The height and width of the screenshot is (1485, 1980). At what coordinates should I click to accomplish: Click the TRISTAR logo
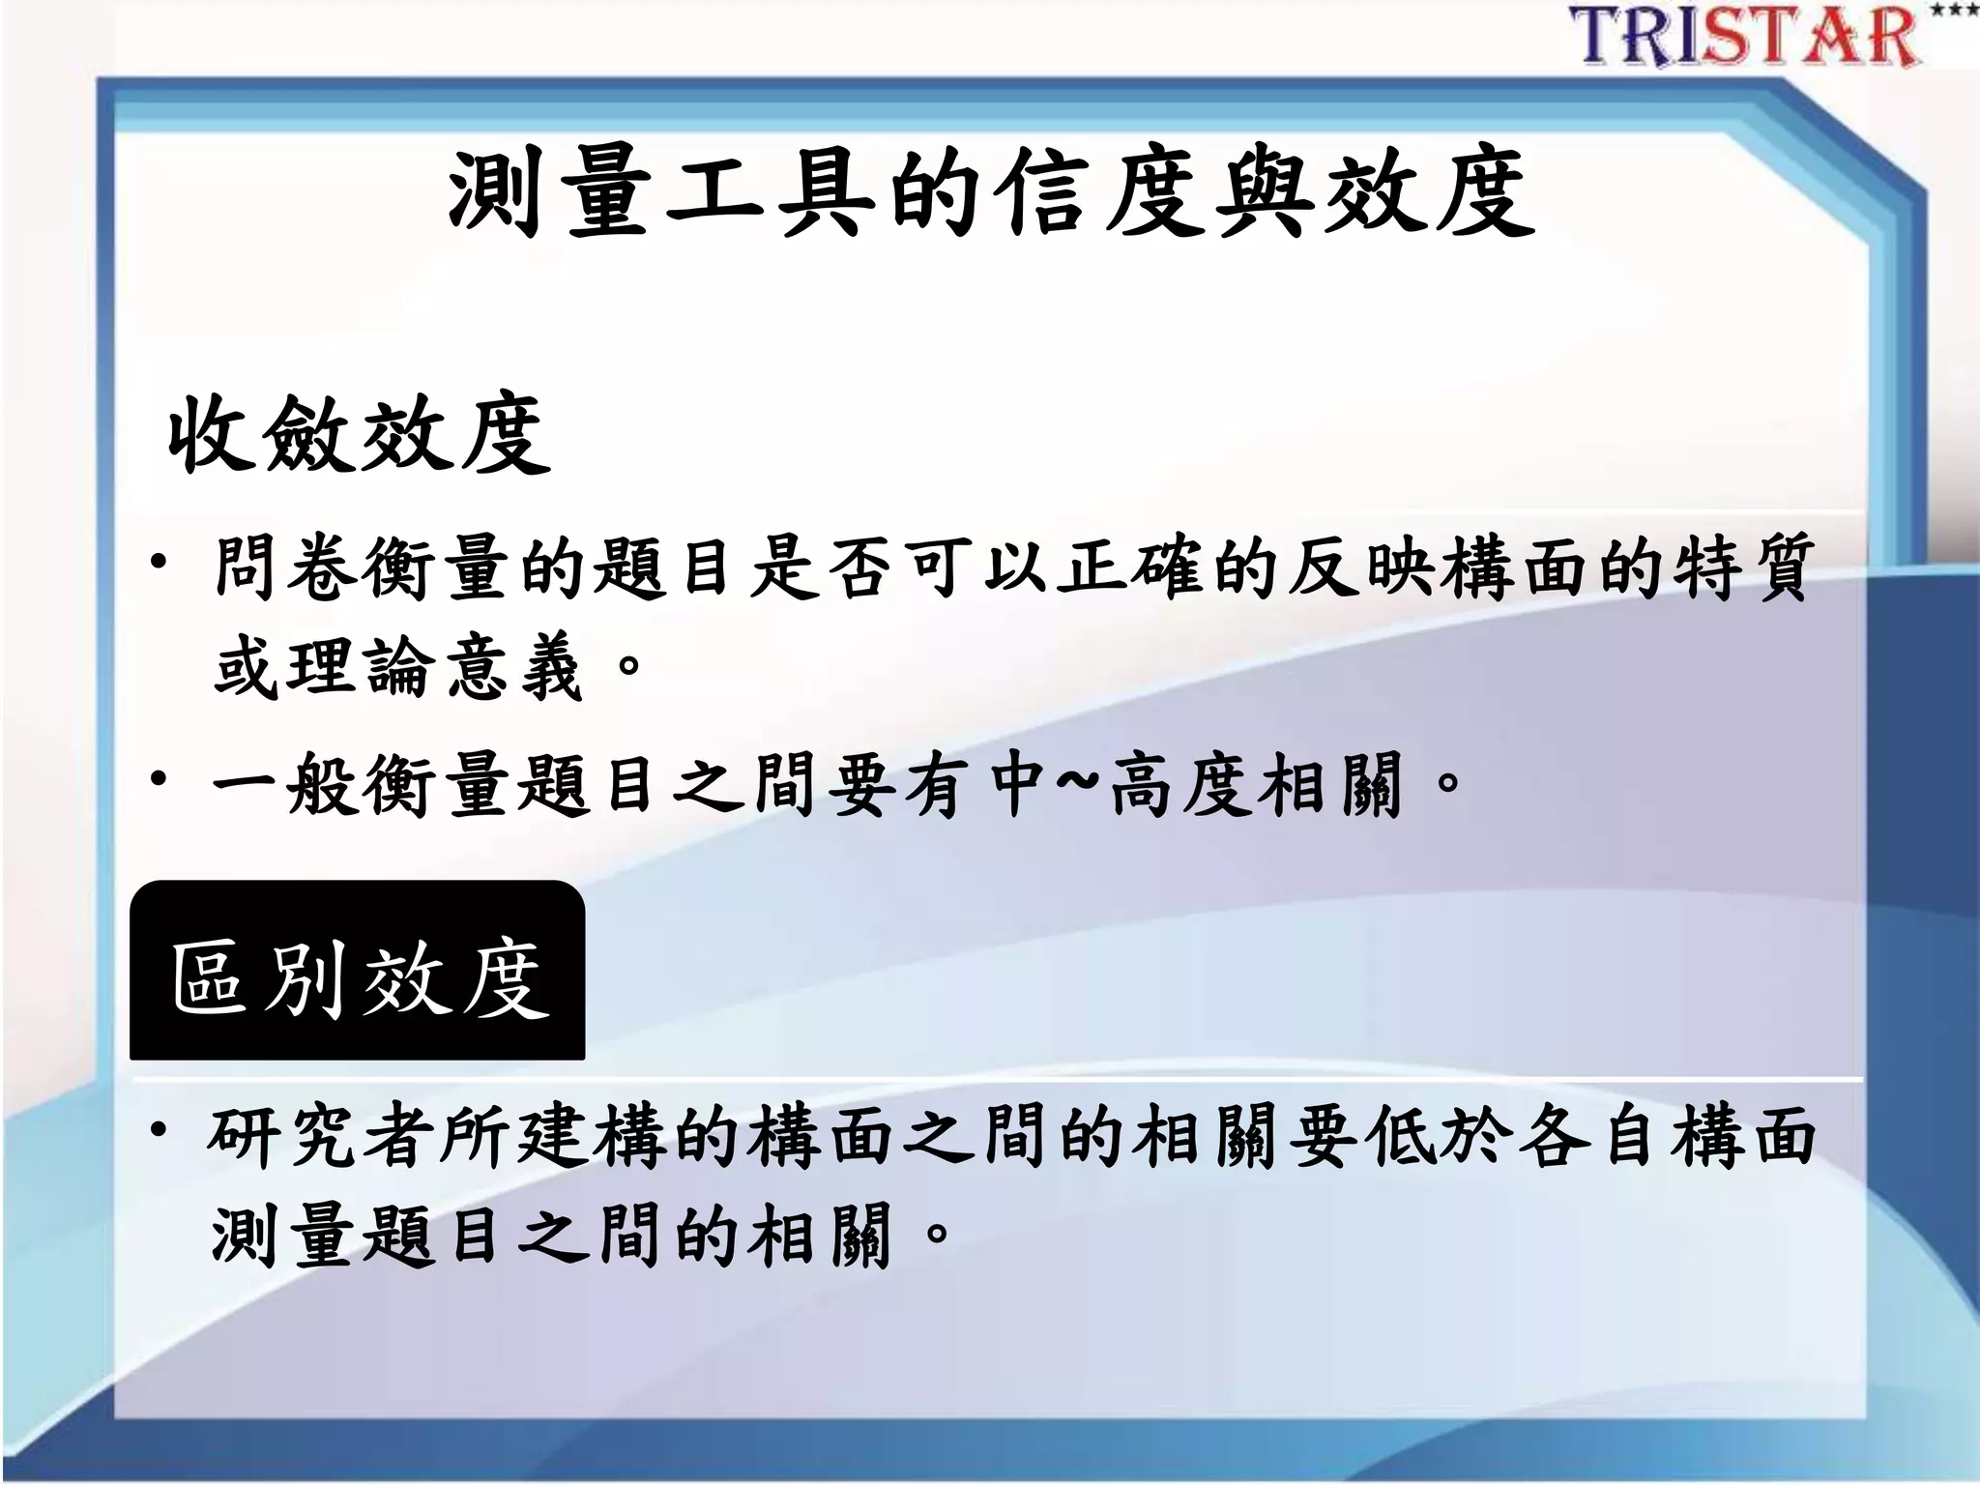tap(1745, 37)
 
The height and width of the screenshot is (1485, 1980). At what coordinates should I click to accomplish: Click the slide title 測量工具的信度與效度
tap(990, 193)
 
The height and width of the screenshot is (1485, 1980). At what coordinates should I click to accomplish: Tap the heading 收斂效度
tap(359, 435)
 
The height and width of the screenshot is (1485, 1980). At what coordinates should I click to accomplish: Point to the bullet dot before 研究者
tap(160, 1129)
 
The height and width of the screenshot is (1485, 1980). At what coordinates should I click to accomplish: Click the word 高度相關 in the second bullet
tap(1257, 783)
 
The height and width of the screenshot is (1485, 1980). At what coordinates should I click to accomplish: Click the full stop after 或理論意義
tap(628, 665)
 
